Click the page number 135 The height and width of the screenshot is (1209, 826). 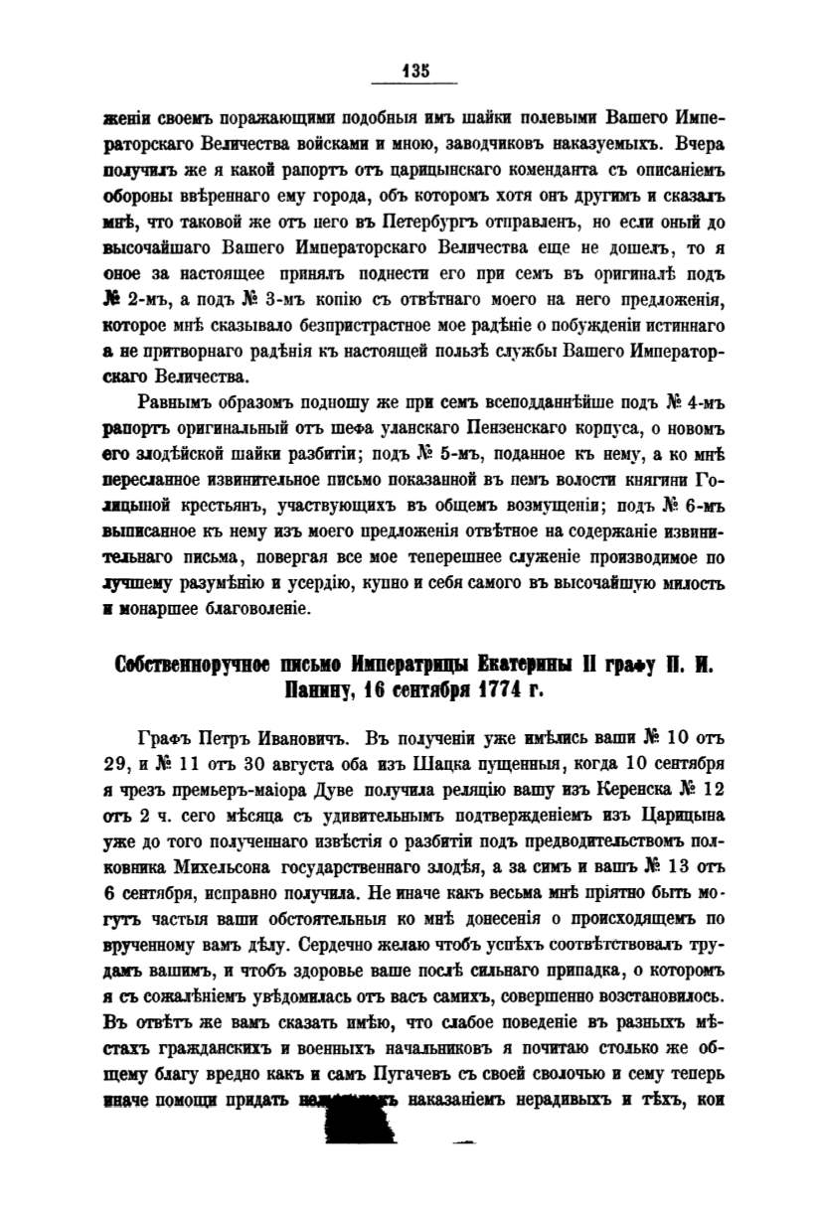[x=413, y=71]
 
